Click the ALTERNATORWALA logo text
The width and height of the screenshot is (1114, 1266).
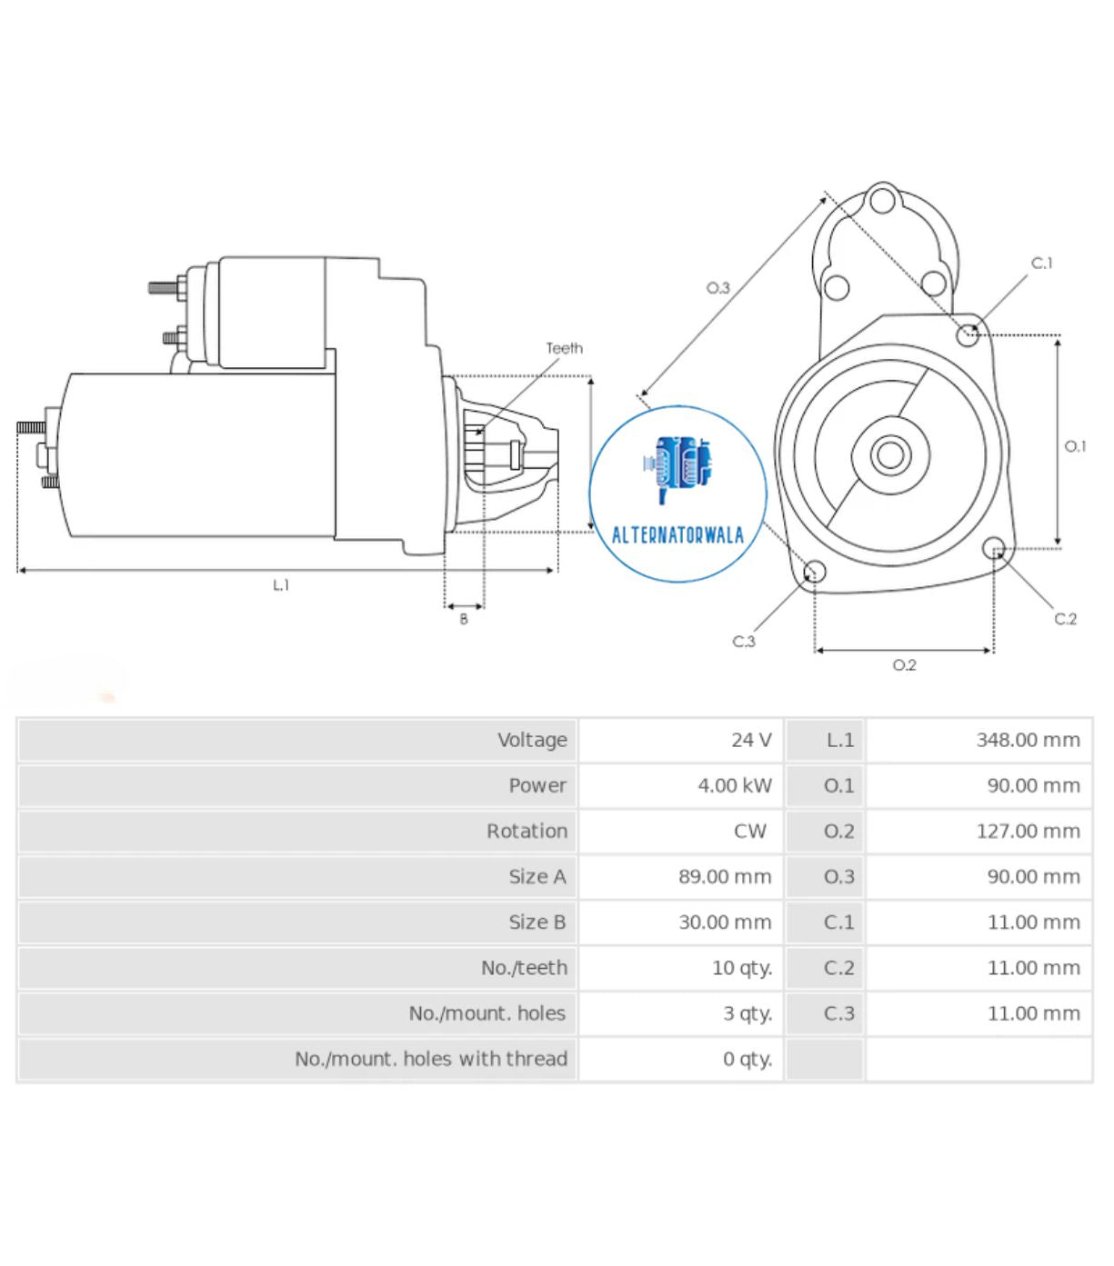677,535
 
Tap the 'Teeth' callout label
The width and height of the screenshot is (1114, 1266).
564,348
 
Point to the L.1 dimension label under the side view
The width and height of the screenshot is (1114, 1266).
281,585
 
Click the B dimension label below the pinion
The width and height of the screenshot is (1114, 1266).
464,619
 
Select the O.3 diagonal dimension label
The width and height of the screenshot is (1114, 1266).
718,288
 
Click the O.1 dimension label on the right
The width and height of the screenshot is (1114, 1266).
1075,446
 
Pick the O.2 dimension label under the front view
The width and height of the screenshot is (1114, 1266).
904,665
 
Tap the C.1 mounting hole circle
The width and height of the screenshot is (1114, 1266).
968,334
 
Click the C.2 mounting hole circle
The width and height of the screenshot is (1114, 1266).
994,548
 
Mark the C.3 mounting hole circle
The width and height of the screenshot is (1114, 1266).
815,572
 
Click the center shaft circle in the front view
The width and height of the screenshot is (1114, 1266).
890,454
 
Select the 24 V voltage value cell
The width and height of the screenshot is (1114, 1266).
750,740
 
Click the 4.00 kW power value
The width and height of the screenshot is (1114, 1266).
734,785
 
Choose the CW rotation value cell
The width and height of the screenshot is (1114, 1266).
749,831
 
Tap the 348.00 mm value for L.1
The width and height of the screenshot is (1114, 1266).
1028,740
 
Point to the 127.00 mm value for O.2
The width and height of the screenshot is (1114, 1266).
1028,831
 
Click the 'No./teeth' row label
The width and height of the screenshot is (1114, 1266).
524,968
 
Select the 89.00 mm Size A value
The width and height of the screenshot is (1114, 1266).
724,877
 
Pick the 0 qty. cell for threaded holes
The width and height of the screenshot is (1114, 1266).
747,1059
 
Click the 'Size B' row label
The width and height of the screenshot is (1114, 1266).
537,922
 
